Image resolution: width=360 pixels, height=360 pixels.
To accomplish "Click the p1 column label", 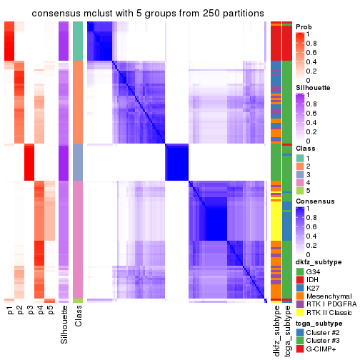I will [x=10, y=311].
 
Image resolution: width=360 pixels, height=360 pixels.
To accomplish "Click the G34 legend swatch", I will [x=300, y=271].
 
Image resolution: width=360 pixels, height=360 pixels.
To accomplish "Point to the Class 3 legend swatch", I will [x=300, y=174].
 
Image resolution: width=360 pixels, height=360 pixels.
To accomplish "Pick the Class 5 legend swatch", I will [x=300, y=191].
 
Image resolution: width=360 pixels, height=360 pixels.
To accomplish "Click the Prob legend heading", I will [x=304, y=26].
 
